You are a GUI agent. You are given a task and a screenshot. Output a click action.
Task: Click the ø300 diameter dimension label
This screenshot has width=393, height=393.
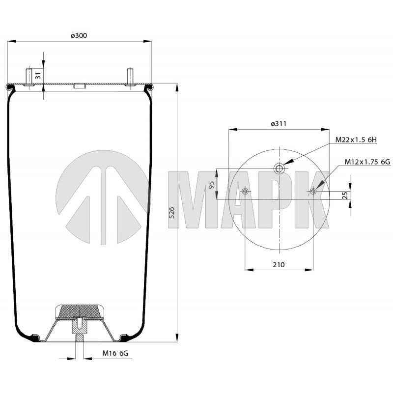point(79,35)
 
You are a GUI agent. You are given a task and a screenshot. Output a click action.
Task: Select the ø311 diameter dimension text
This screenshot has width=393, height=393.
point(279,124)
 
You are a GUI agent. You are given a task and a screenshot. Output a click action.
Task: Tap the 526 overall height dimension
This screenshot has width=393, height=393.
point(171,213)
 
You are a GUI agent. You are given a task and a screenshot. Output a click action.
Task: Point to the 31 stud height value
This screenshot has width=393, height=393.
point(38,76)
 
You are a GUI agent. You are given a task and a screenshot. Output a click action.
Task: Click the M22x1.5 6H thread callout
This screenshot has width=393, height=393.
point(356,140)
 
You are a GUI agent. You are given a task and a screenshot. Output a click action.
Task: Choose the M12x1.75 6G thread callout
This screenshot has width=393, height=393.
point(367,162)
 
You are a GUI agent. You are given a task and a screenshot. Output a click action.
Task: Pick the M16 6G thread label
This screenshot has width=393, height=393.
point(115,353)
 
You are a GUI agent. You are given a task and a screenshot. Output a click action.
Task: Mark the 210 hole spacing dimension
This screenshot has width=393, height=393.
point(279,265)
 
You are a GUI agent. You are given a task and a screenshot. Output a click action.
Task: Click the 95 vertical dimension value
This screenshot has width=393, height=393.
point(212,185)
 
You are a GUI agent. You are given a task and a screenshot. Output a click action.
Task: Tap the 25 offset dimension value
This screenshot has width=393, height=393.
point(345,195)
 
